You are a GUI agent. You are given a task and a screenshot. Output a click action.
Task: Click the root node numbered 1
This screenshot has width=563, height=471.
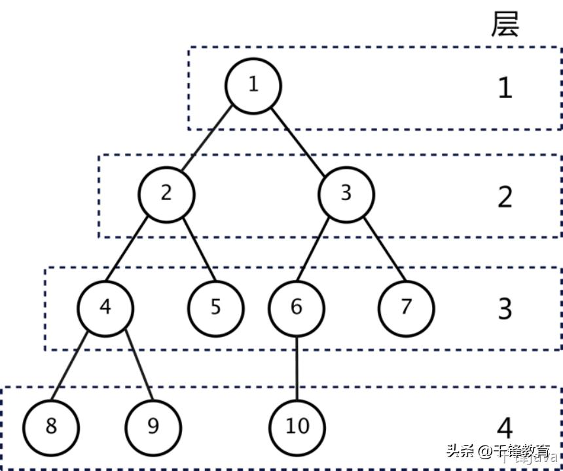253,86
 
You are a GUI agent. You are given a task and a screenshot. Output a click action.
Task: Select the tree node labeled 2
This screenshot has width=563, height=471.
166,194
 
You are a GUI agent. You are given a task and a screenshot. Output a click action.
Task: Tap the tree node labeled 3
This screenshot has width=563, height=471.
346,194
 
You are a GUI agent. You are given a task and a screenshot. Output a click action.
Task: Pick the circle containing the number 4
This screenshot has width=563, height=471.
105,307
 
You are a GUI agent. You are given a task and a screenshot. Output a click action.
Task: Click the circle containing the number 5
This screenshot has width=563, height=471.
216,307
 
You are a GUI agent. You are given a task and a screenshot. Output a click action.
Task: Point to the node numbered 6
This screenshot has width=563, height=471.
297,307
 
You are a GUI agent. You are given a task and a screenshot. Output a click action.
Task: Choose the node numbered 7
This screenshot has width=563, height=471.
406,307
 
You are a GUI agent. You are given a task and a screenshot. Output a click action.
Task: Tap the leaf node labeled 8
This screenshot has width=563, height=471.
51,427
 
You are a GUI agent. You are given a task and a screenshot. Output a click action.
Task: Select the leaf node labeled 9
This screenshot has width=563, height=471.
153,427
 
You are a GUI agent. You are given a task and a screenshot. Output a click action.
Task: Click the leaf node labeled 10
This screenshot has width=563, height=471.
297,427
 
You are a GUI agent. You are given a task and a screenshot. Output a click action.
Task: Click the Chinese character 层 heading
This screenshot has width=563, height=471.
505,24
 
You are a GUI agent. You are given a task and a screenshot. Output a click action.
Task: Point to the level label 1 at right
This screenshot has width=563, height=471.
505,88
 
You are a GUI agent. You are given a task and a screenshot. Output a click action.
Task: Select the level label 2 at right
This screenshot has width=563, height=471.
505,197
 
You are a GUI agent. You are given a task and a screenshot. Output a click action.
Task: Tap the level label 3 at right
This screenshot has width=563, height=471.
505,309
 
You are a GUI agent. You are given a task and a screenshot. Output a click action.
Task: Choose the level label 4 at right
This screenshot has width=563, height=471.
505,428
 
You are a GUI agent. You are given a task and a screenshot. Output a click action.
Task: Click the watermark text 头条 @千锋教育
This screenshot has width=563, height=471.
498,451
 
